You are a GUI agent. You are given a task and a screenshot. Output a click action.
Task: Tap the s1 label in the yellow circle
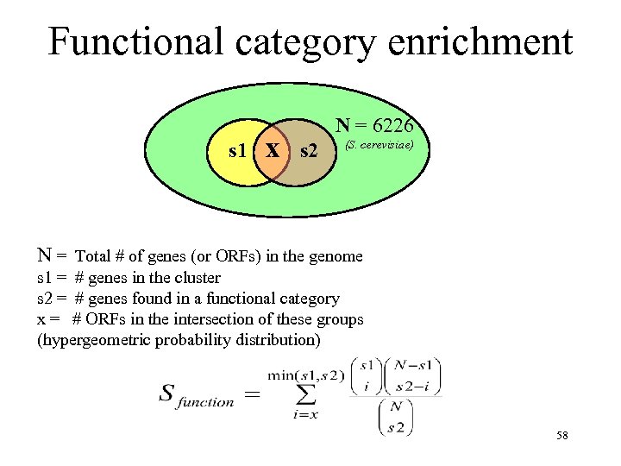239,151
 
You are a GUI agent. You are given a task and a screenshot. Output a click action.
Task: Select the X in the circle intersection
273,151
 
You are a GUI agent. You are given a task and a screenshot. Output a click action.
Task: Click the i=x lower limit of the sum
307,417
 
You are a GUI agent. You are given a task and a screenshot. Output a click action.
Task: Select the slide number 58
562,437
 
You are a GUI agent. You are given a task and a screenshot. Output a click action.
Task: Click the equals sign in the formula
253,394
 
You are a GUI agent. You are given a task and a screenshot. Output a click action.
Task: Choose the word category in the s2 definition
308,299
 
